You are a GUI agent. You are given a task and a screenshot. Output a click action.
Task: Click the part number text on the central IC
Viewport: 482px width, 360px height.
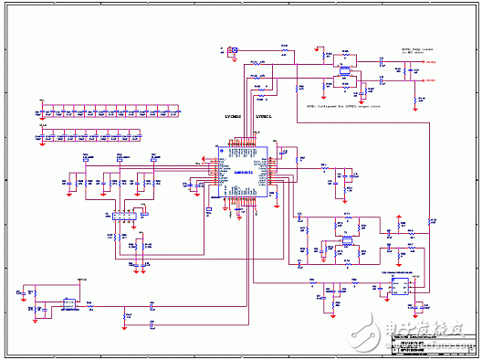243,156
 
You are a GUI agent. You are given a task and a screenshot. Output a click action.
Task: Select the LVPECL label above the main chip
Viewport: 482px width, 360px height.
267,118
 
